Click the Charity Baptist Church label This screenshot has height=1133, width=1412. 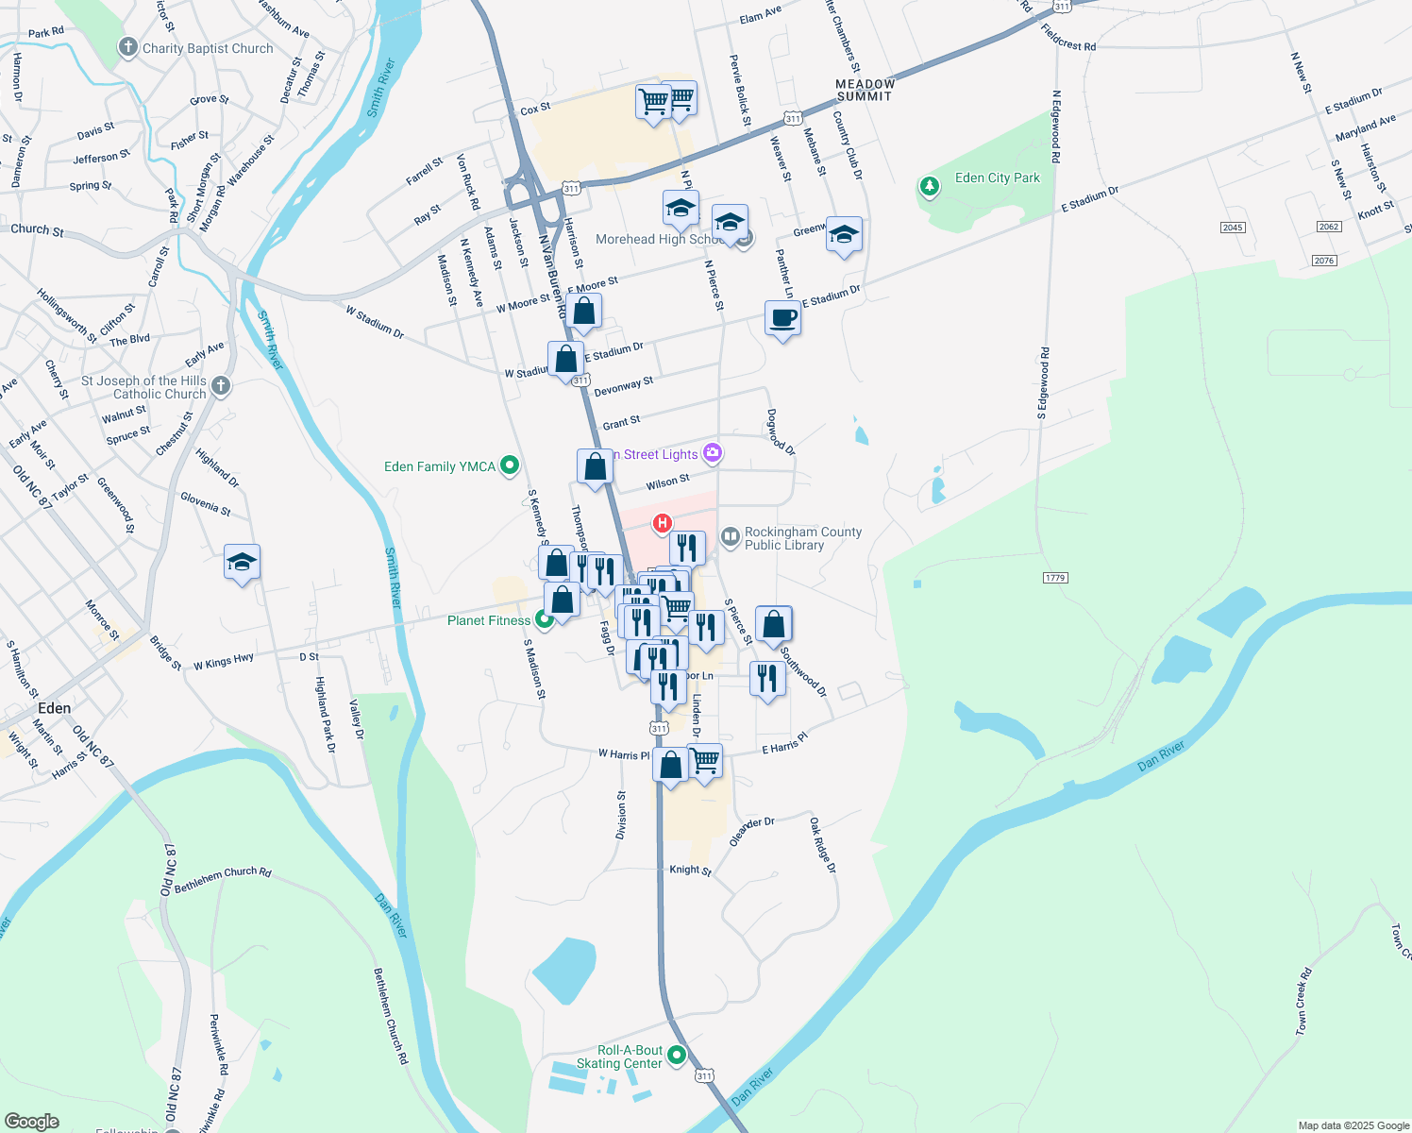(x=208, y=48)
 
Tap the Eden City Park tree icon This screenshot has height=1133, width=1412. (x=930, y=186)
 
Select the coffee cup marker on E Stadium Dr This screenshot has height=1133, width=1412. (x=782, y=319)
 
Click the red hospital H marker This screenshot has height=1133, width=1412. (x=663, y=523)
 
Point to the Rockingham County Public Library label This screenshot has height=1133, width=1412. (x=802, y=538)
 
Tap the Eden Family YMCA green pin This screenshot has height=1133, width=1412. (x=510, y=465)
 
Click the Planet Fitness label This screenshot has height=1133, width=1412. (x=489, y=620)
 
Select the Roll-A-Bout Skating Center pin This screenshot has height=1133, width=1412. (x=677, y=1055)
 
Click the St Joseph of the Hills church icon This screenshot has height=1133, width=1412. (x=220, y=385)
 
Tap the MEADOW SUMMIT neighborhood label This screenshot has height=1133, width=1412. (x=865, y=90)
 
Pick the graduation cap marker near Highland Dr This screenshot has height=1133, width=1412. (x=242, y=563)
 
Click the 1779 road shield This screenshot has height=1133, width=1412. (x=1054, y=577)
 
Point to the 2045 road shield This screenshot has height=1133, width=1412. (x=1233, y=228)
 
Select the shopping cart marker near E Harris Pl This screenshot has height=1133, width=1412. (x=705, y=760)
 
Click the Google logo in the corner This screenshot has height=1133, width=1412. (x=31, y=1121)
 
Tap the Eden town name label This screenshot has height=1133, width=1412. (x=54, y=708)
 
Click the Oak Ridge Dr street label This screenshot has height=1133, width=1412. (x=822, y=845)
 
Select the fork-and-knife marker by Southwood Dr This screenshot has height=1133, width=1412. (x=767, y=679)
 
